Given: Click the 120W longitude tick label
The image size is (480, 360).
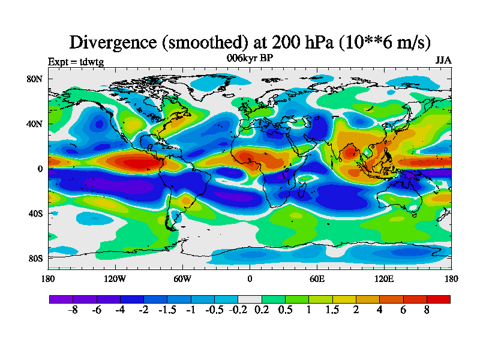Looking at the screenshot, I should coord(115,278).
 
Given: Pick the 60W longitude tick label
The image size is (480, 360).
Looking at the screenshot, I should coord(182,278).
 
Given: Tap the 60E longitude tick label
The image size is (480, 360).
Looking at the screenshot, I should coord(317,278).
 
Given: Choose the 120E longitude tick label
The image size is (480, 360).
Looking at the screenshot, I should coord(384,278).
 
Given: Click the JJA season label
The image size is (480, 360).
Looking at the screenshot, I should coord(443,61).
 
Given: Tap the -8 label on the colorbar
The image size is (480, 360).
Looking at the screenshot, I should coord(73,311).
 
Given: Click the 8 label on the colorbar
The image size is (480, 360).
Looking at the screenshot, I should coord(426,311).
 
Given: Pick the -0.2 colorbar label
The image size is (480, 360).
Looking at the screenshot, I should coord(238,311).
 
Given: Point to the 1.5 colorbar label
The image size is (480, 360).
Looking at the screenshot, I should coord(332,311).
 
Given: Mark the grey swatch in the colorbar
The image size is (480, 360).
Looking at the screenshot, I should coord(250,299).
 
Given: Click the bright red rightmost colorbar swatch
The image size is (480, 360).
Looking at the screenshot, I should coord(438,299).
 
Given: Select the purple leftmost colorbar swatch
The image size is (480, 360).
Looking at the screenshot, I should coord(61,299).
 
